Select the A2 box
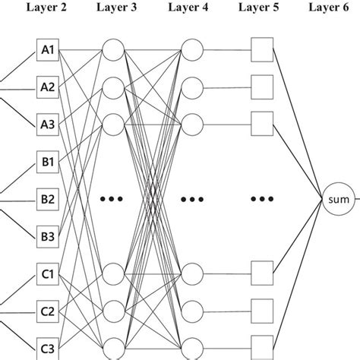tap(47, 87)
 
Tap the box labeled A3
tap(47, 121)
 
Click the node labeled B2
tap(47, 200)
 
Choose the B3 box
tap(47, 235)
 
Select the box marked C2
tap(47, 311)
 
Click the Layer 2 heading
tap(47, 8)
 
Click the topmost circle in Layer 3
tap(112, 52)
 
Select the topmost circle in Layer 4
tap(192, 52)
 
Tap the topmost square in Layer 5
tap(261, 52)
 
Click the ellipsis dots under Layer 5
tap(261, 201)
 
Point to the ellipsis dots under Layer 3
tap(112, 199)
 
